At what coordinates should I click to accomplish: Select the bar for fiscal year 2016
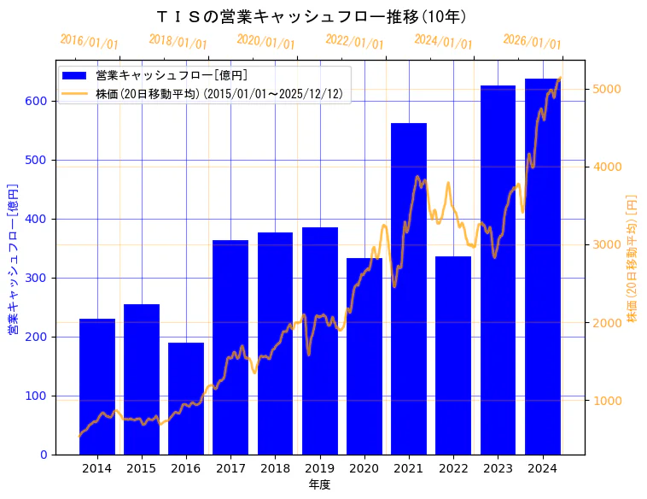[x=186, y=398]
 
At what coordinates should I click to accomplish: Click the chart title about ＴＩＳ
[x=312, y=16]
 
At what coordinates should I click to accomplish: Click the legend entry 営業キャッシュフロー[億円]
[x=172, y=75]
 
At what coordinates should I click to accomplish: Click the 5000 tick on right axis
[x=607, y=89]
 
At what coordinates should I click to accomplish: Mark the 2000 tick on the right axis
[x=607, y=323]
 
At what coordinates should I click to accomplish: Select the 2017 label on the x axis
[x=230, y=468]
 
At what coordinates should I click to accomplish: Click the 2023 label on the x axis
[x=498, y=468]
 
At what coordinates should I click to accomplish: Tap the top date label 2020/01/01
[x=265, y=42]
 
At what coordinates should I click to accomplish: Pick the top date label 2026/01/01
[x=532, y=42]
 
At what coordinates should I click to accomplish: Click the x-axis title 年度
[x=319, y=484]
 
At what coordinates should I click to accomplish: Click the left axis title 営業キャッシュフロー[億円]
[x=14, y=257]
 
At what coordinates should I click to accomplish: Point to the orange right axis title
[x=632, y=257]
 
